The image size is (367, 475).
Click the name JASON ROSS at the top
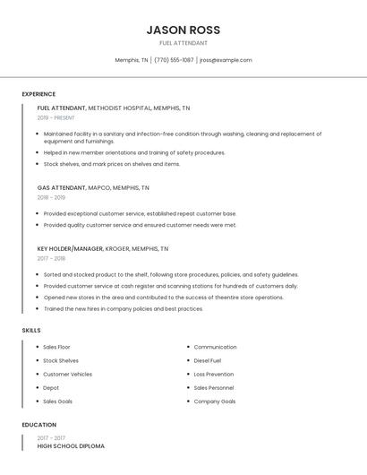click(x=183, y=30)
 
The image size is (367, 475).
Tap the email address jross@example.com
click(x=226, y=60)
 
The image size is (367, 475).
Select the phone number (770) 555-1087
click(x=174, y=60)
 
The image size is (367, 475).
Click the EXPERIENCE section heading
click(x=38, y=94)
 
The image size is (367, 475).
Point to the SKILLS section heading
click(x=31, y=330)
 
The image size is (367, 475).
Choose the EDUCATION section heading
click(x=39, y=425)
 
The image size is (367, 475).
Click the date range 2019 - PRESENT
click(x=56, y=117)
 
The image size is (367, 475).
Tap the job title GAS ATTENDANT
click(x=62, y=187)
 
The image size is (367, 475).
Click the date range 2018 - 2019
click(x=51, y=197)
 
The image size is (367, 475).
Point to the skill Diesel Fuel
click(x=208, y=360)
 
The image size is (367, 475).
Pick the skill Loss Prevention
click(x=213, y=374)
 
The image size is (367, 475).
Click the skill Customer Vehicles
click(x=67, y=374)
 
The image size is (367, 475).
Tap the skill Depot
click(x=51, y=388)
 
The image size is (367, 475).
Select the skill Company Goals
click(x=215, y=402)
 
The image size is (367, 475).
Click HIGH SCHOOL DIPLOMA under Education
click(x=71, y=445)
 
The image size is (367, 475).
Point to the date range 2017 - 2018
click(x=51, y=258)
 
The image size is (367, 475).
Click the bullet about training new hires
click(x=124, y=308)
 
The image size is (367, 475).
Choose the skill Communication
click(x=215, y=347)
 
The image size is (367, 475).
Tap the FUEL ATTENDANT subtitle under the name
click(x=183, y=43)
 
